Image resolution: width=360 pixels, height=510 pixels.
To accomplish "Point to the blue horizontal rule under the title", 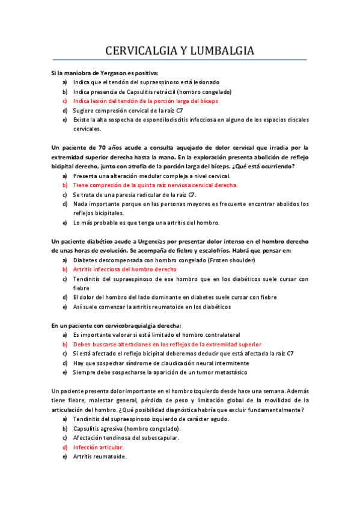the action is pyautogui.click(x=180, y=60).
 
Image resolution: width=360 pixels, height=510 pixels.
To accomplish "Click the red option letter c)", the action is pyautogui.click(x=64, y=101).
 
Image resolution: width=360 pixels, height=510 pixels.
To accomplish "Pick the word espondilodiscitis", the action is pyautogui.click(x=178, y=120).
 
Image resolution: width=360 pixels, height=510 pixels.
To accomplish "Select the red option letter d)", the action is pyautogui.click(x=64, y=447).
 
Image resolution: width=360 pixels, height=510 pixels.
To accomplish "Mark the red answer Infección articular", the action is pyautogui.click(x=98, y=447).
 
